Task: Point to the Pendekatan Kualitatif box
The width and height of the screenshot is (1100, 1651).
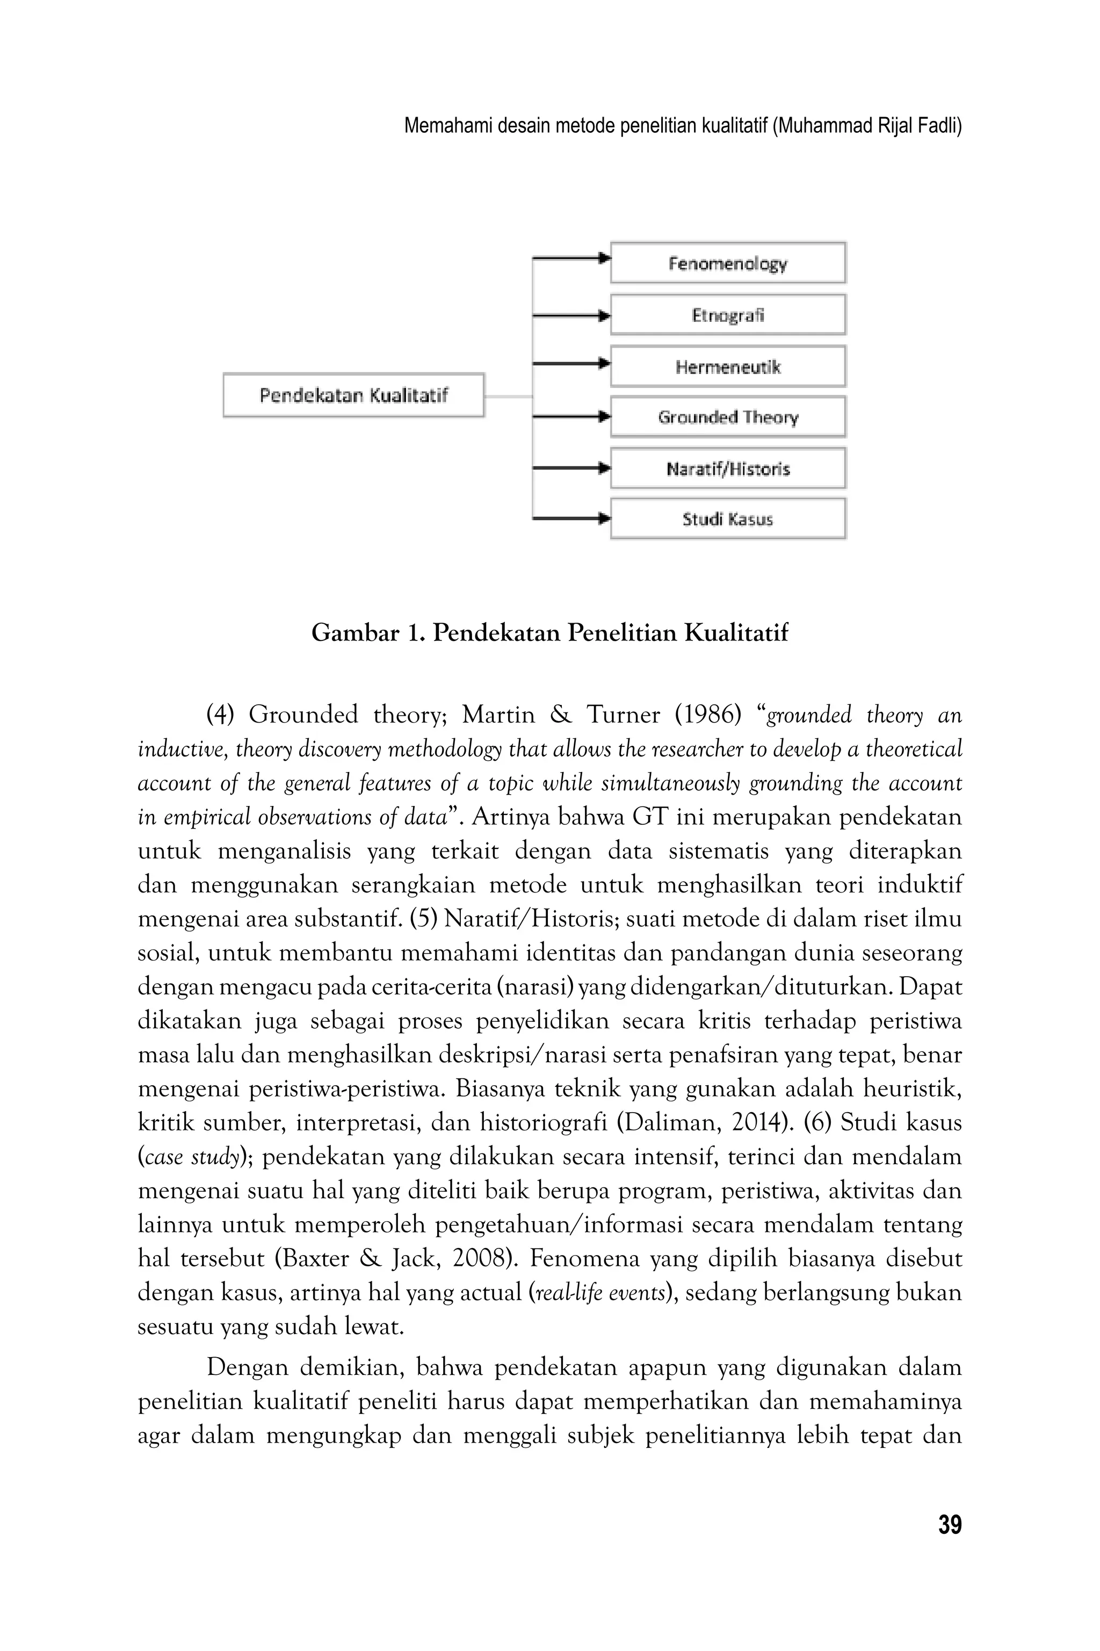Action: (353, 395)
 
